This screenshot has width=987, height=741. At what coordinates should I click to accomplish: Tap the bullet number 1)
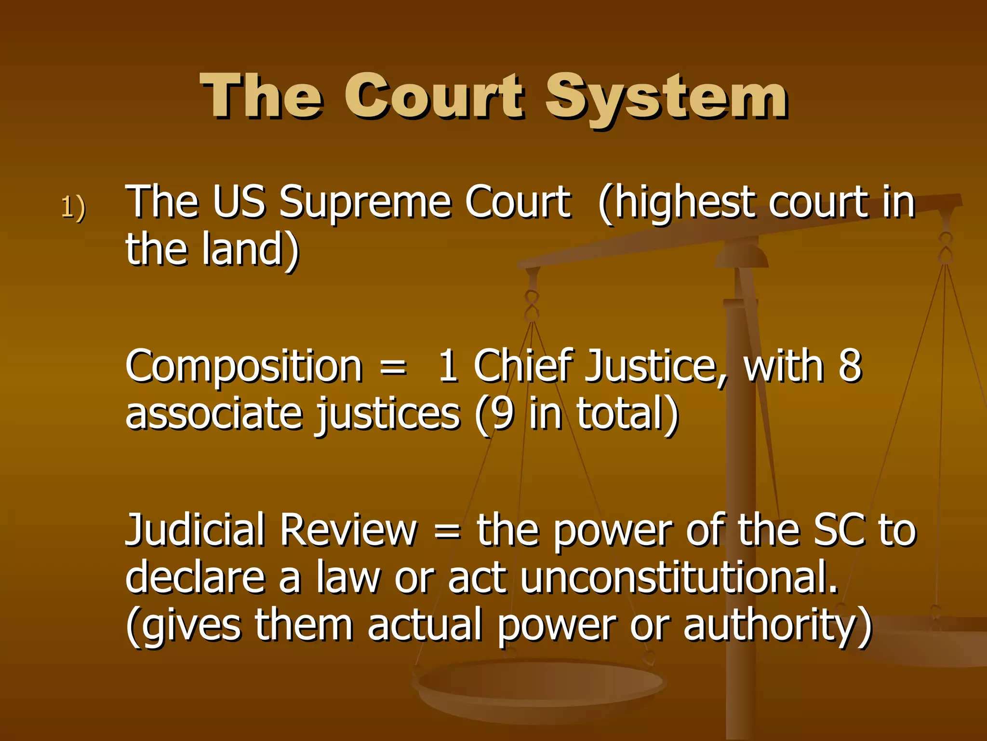click(x=73, y=207)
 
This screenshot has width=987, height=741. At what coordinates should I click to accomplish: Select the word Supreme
click(x=365, y=203)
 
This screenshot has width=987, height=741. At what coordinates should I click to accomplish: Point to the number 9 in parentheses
click(x=503, y=414)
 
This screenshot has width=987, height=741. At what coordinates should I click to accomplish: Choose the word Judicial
click(x=195, y=531)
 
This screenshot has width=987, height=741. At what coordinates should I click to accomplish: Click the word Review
click(x=348, y=531)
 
